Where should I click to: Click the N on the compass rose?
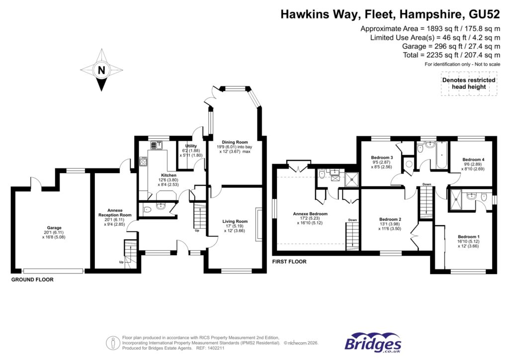click(x=101, y=70)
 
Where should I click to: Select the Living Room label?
click(x=235, y=221)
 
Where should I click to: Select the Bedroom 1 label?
click(x=468, y=237)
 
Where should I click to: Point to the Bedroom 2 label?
click(x=390, y=219)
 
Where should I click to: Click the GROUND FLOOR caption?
click(x=32, y=280)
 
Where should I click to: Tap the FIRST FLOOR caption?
click(x=289, y=261)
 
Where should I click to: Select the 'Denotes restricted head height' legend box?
click(x=469, y=83)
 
